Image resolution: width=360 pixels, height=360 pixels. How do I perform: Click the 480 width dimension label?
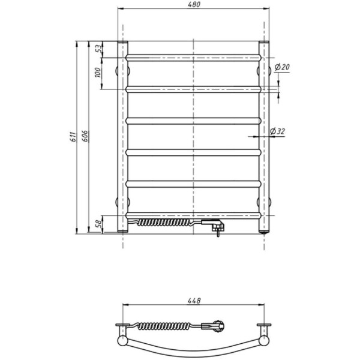pyautogui.click(x=194, y=5)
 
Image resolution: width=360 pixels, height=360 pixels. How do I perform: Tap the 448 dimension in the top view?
pyautogui.click(x=194, y=301)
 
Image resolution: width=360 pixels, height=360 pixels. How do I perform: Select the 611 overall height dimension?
pyautogui.click(x=73, y=137)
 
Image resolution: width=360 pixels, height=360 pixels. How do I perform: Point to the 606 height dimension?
pyautogui.click(x=85, y=136)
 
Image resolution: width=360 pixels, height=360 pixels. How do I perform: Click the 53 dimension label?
pyautogui.click(x=98, y=49)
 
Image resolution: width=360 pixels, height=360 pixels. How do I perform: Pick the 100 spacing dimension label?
pyautogui.click(x=98, y=73)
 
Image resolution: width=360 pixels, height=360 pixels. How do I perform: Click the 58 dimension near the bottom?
pyautogui.click(x=98, y=223)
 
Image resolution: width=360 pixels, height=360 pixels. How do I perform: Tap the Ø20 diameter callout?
pyautogui.click(x=282, y=67)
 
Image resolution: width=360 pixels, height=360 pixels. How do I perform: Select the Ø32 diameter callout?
pyautogui.click(x=277, y=131)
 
